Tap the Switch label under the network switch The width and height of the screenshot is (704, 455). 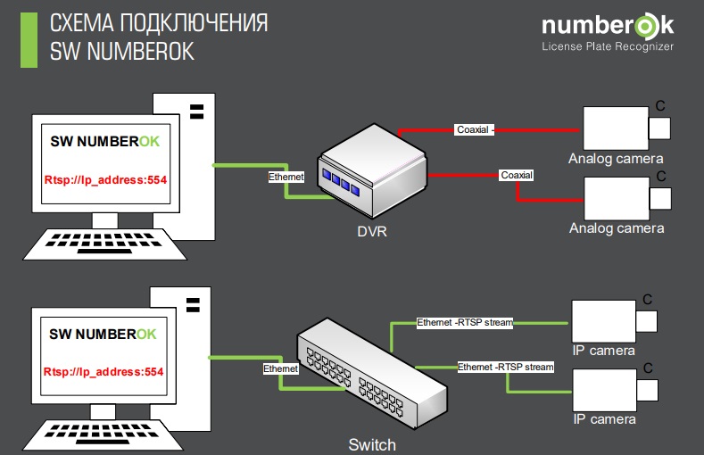(372, 443)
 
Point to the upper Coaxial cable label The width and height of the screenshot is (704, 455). (474, 129)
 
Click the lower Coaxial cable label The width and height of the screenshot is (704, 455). (516, 175)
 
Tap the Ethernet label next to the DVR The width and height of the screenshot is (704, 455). (286, 177)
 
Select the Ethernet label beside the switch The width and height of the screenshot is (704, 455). (280, 368)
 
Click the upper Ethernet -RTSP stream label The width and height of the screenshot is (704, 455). (465, 322)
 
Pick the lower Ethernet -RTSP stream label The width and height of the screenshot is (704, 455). (506, 367)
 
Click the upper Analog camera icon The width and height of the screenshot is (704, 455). (616, 128)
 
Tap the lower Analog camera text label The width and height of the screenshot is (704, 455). (617, 228)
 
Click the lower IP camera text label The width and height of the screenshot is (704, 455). (604, 419)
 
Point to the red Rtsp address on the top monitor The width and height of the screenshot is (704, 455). (106, 180)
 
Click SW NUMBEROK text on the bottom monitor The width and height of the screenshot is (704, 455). (103, 334)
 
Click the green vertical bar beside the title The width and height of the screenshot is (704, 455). (29, 40)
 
